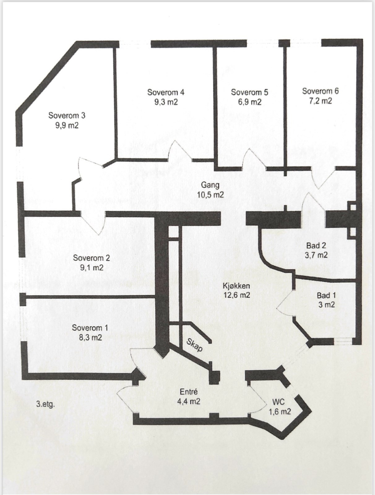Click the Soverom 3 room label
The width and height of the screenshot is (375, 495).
[67, 115]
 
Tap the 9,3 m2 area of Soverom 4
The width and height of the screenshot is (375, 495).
[166, 102]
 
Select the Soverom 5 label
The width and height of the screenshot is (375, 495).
[249, 92]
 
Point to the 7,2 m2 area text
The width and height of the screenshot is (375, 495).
[320, 101]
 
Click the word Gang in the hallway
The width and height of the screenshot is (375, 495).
[210, 185]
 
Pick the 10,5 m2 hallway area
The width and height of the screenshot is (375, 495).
[210, 195]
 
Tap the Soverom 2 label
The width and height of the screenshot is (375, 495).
[91, 258]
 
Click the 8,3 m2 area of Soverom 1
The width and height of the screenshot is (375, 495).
[90, 337]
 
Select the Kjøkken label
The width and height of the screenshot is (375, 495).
[236, 286]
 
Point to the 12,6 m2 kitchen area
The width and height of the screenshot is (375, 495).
[237, 295]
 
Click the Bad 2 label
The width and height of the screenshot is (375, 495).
[316, 245]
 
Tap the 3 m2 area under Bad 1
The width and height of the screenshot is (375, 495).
[326, 305]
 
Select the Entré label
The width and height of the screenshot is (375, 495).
[188, 392]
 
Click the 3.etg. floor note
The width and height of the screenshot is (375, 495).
[45, 404]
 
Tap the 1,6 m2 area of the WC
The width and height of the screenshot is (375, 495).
[280, 411]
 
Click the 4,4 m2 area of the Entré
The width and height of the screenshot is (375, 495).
[188, 401]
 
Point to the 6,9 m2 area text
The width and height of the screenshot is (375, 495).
[249, 102]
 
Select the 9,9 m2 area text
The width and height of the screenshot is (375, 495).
[67, 125]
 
